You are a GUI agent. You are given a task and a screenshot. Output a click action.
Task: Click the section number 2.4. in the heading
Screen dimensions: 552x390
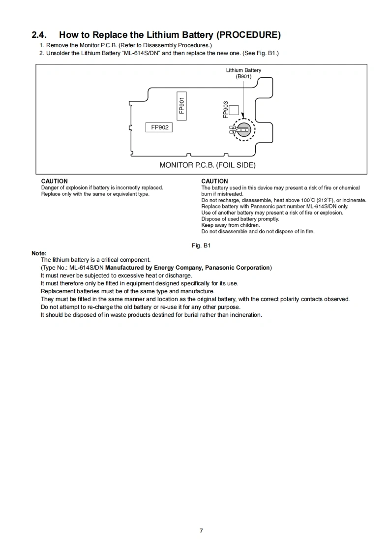(39, 35)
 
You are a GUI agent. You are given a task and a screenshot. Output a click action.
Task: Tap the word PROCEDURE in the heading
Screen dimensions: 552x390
(249, 35)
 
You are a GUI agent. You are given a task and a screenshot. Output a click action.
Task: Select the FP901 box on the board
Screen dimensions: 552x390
(182, 105)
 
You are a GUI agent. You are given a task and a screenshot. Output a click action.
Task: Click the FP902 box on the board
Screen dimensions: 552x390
(159, 127)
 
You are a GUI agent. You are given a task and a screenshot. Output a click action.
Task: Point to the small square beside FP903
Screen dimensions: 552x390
(234, 110)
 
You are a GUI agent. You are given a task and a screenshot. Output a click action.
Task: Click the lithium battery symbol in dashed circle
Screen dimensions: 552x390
(243, 130)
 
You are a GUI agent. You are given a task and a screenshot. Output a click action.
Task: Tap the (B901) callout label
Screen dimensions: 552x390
(243, 77)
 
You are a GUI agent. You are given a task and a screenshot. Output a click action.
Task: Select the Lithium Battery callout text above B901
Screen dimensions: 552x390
(243, 70)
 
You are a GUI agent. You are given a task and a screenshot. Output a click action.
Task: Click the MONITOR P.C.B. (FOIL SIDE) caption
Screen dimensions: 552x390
(207, 165)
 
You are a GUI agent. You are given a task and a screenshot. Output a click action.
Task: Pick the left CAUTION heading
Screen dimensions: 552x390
(54, 182)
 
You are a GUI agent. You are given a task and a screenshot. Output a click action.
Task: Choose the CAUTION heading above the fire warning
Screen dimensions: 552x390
(214, 182)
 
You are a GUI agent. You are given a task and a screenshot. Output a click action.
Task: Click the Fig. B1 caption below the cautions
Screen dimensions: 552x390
(201, 245)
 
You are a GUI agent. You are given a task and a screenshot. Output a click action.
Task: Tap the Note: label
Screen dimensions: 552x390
(39, 253)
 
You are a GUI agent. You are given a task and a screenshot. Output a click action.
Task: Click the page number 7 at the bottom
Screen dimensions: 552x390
(201, 530)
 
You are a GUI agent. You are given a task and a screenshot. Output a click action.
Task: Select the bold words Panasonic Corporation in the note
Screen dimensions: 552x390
(238, 268)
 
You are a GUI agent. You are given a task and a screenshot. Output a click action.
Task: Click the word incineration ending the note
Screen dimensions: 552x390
(244, 315)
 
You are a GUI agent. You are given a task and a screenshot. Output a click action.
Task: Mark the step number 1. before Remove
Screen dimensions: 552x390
(42, 45)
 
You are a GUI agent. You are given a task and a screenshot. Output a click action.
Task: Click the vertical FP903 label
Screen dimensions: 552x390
(225, 110)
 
